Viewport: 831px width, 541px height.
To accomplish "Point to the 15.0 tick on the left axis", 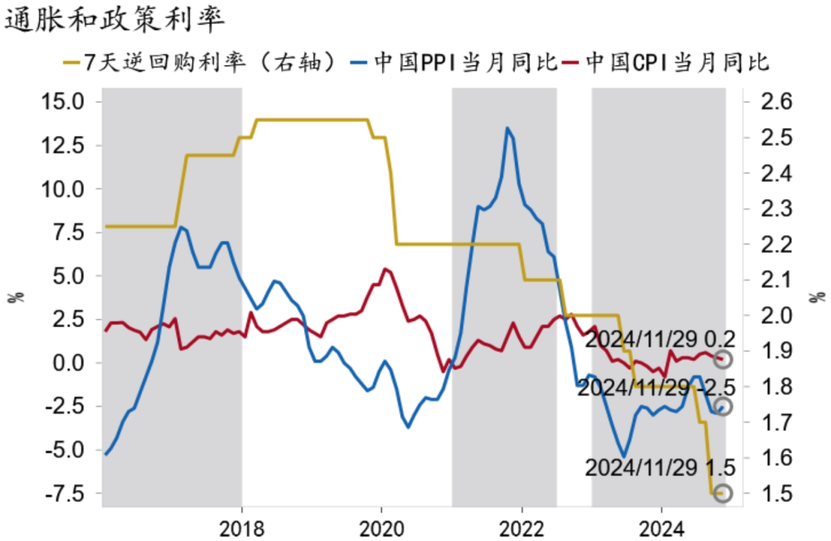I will point(72,102).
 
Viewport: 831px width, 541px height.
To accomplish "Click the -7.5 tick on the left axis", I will point(72,493).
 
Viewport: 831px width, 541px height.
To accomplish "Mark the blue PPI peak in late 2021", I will point(508,128).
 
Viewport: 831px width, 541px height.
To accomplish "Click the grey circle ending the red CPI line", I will point(723,359).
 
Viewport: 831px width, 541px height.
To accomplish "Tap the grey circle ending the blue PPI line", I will point(723,406).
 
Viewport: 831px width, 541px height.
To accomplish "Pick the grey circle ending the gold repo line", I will point(723,493).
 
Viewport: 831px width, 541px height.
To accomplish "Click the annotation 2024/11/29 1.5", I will point(660,467).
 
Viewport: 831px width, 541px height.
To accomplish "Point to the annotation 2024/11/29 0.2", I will point(660,339).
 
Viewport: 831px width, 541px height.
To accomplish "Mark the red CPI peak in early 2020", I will point(385,269).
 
